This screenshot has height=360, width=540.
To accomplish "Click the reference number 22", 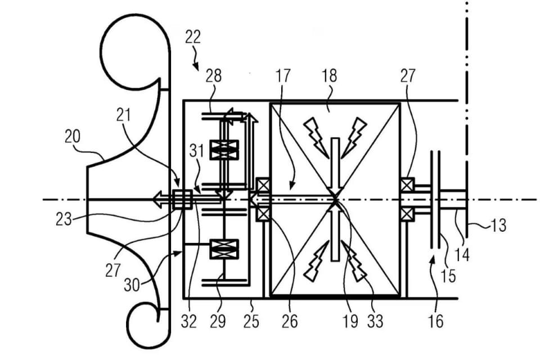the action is point(192,37).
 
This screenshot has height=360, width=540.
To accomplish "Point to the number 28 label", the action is point(214,76).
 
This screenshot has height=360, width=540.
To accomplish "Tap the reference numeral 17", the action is point(283,76).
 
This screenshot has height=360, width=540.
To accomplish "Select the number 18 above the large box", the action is point(329,76).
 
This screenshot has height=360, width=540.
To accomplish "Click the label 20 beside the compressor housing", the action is point(73,137).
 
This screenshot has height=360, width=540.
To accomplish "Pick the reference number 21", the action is point(123,115).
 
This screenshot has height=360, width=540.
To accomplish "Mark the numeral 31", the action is point(197,151).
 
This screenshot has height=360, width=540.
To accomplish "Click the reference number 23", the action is point(64,219).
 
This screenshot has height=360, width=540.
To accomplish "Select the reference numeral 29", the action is point(218,322).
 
